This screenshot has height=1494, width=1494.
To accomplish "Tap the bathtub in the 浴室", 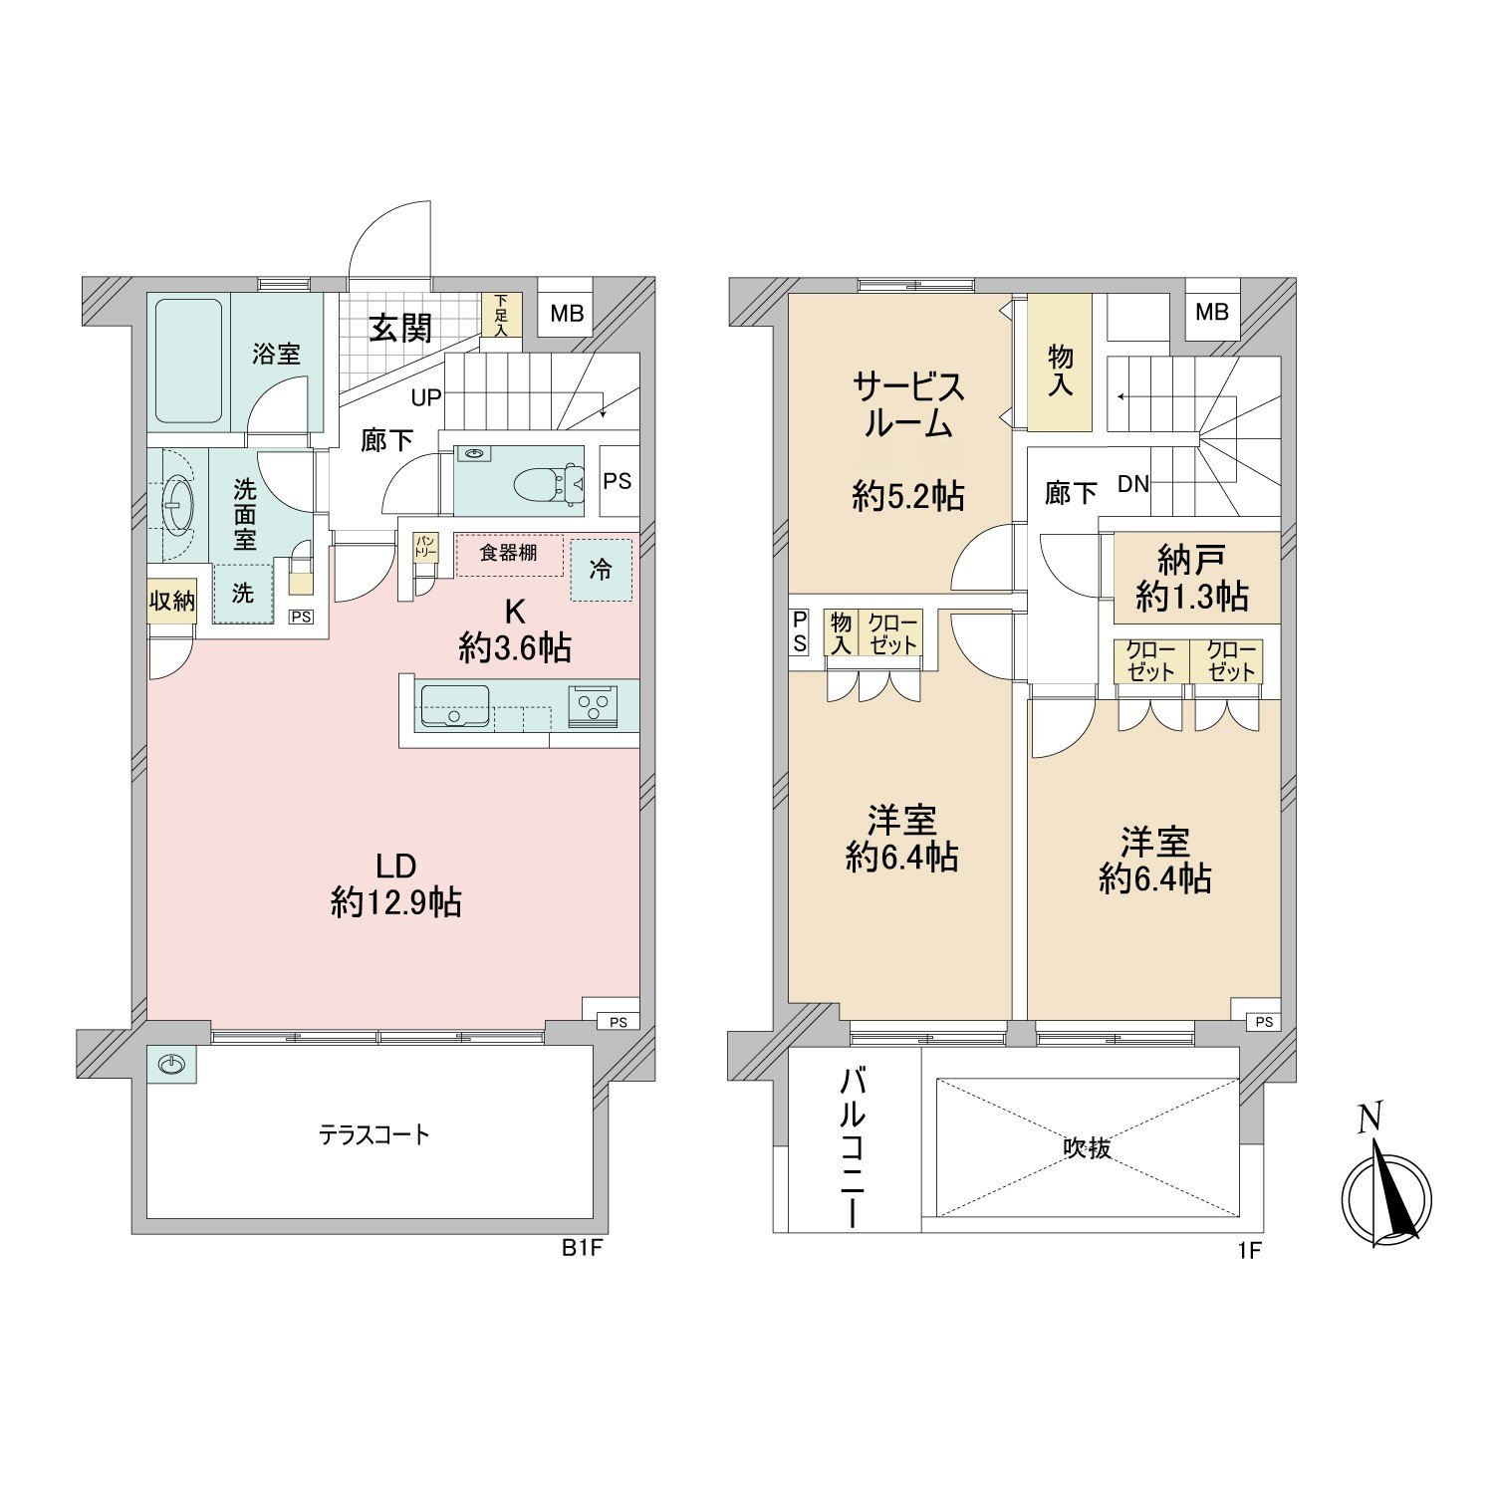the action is coord(188,361).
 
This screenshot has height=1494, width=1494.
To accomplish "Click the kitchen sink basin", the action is coord(455,706).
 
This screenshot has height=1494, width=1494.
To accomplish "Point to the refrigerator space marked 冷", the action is coord(601,570).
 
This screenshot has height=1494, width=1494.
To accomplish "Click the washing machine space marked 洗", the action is coord(243,594).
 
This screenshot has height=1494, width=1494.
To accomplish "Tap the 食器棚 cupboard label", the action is coord(509,553).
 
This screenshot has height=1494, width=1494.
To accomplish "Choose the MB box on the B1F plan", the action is coord(567,314).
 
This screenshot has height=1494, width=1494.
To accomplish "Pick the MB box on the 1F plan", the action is coord(1212,312).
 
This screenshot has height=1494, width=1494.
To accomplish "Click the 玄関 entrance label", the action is coord(400,328).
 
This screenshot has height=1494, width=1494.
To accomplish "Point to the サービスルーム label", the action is coord(907,405).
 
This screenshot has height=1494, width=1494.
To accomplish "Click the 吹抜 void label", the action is coord(1087,1148).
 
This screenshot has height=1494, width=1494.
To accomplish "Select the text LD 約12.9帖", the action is coord(395,883).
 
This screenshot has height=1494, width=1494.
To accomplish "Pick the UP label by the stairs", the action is coord(426,398).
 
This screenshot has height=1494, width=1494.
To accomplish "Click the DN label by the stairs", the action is coord(1132,485).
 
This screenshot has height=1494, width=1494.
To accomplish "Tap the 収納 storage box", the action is coord(172,601).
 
